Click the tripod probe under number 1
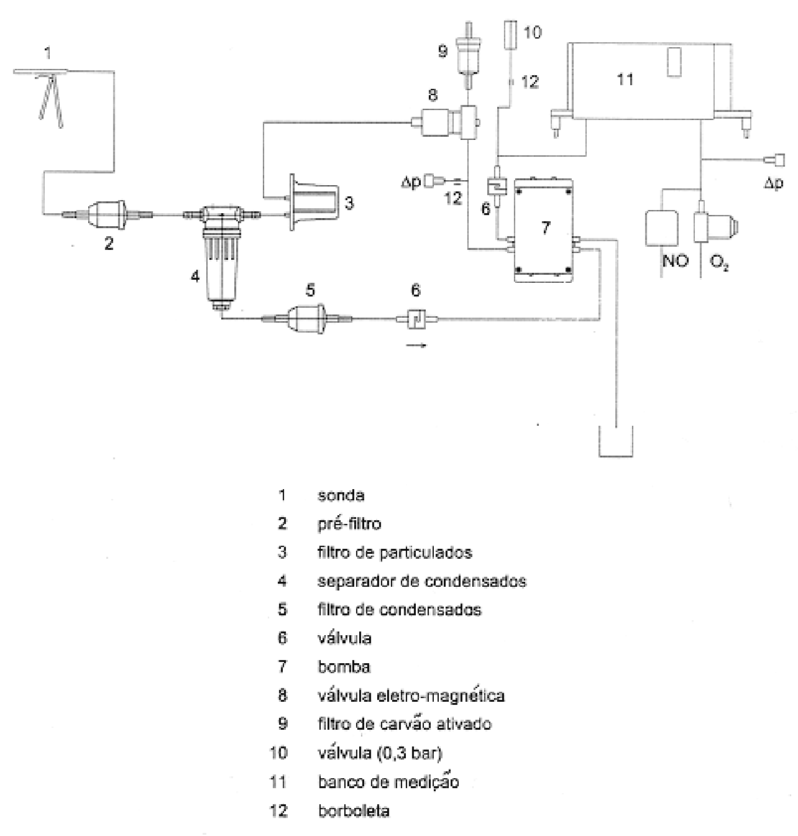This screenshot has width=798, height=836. pyautogui.click(x=50, y=97)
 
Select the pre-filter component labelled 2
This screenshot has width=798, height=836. pyautogui.click(x=107, y=214)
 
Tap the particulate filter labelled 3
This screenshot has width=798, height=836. pyautogui.click(x=314, y=203)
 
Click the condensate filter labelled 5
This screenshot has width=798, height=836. pyautogui.click(x=307, y=317)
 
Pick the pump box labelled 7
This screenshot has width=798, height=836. pyautogui.click(x=544, y=229)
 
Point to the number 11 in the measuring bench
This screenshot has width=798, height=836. pyautogui.click(x=625, y=80)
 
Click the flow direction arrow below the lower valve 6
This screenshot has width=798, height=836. pyautogui.click(x=416, y=346)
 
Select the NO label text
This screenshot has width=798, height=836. pyautogui.click(x=676, y=260)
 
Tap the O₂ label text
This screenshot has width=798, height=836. pyautogui.click(x=719, y=262)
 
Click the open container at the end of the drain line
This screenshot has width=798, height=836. pyautogui.click(x=615, y=455)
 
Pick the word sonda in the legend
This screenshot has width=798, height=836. pyautogui.click(x=341, y=495)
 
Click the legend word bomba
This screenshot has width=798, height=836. pyautogui.click(x=344, y=666)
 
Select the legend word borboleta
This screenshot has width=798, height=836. pyautogui.click(x=354, y=811)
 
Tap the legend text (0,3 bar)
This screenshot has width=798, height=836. pyautogui.click(x=410, y=753)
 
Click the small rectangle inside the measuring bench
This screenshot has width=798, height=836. pyautogui.click(x=673, y=63)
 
